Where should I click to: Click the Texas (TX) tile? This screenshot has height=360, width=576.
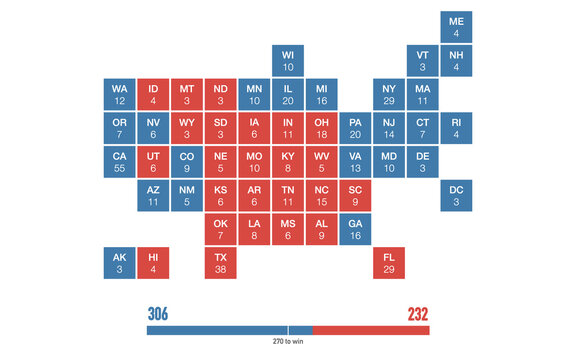(221, 263)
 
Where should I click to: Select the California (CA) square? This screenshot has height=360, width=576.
(119, 162)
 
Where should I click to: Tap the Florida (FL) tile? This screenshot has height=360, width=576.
(389, 263)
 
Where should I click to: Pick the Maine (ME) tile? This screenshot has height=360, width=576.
(456, 27)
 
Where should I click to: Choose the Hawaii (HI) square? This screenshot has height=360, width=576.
(153, 263)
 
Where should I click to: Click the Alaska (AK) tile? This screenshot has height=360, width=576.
(119, 263)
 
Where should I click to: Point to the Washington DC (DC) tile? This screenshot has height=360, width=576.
(456, 195)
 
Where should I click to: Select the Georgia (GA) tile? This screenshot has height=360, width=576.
(355, 229)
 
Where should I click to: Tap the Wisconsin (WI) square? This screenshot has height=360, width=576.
(288, 61)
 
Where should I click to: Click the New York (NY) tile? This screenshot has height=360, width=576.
(389, 94)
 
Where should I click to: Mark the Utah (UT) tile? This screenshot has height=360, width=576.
(153, 162)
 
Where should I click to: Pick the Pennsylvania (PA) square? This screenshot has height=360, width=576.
(355, 128)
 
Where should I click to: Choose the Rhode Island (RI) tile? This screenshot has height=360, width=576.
(456, 128)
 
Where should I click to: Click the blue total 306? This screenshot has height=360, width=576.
(158, 314)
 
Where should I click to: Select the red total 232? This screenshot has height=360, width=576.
(417, 314)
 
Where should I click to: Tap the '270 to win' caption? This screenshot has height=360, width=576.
(288, 342)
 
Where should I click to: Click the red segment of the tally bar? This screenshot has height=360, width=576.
(371, 330)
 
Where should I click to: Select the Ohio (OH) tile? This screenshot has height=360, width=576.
(322, 128)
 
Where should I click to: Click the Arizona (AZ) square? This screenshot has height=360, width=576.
(153, 195)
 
